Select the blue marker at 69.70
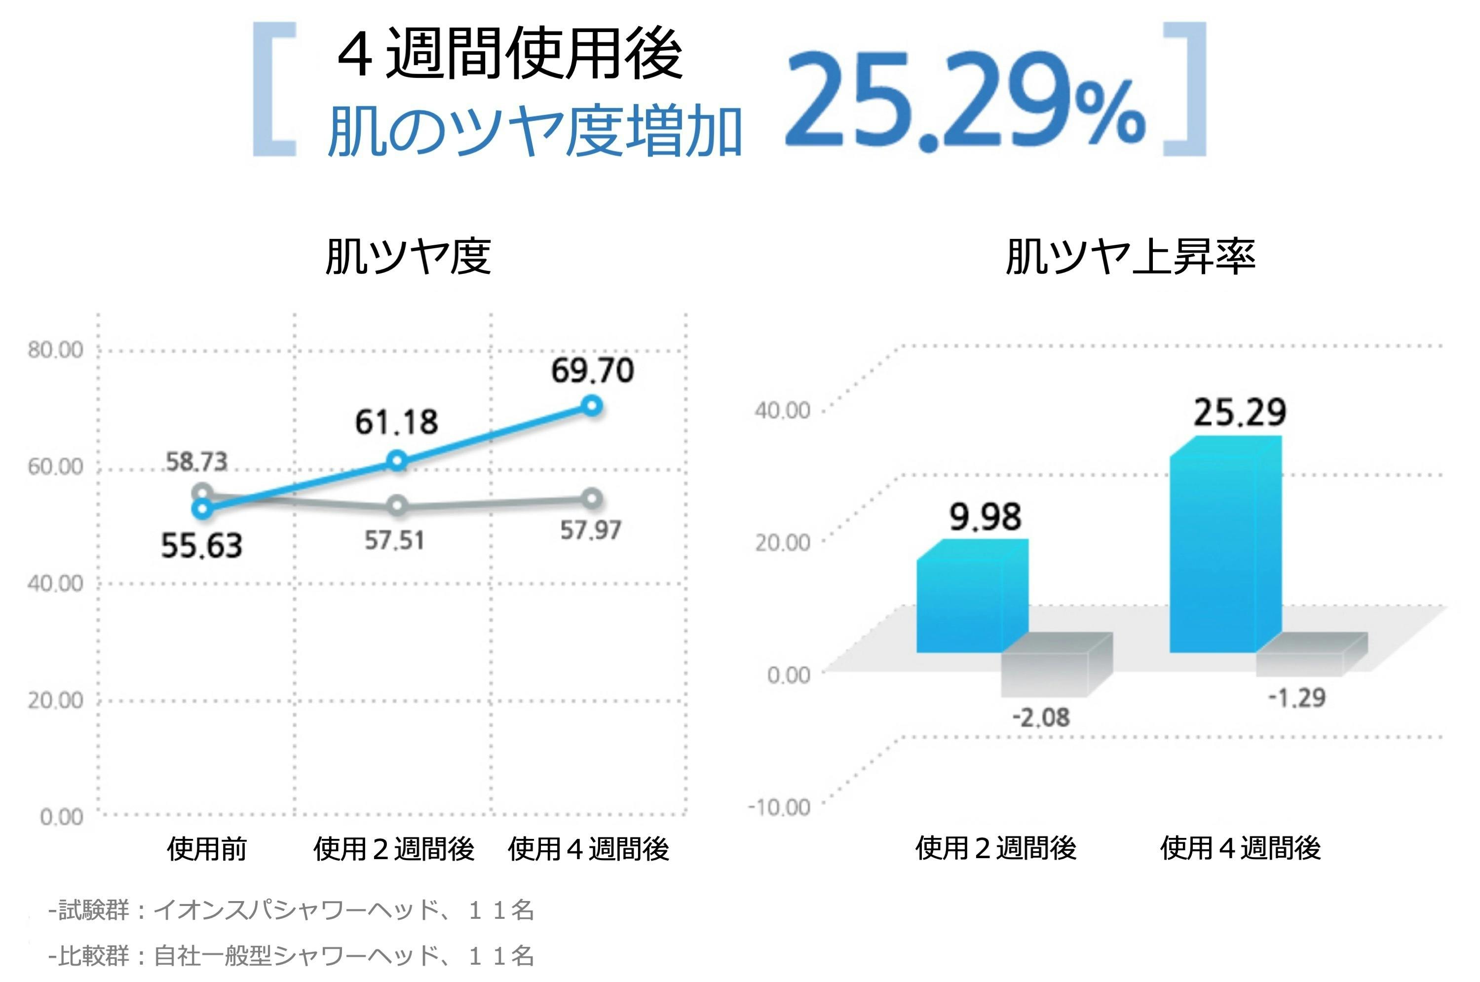591,406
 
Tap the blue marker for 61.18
396,461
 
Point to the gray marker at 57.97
591,498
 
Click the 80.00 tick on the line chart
55,350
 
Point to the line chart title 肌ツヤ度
408,257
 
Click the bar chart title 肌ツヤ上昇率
1130,257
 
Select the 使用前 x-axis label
207,849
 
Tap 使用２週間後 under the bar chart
995,849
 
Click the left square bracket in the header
274,89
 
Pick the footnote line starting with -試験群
291,910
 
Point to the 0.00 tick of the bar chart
789,675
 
